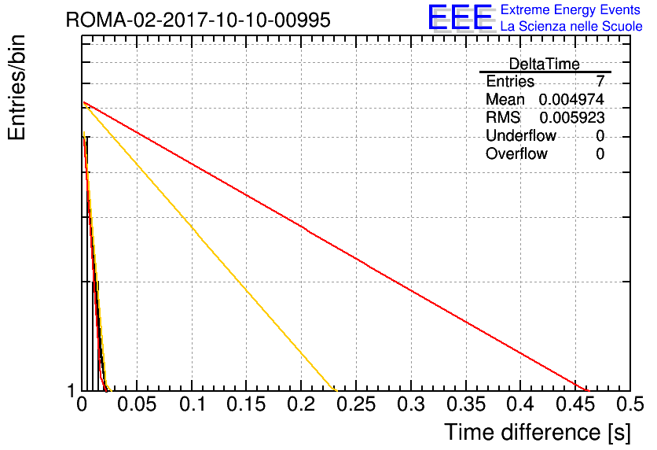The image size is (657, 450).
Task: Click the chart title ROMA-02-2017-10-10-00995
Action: tap(198, 20)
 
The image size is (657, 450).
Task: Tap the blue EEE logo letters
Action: tap(461, 17)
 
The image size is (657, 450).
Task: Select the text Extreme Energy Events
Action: tap(571, 9)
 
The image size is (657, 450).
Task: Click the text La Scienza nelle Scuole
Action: tap(571, 26)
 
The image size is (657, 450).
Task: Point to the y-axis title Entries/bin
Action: tap(17, 87)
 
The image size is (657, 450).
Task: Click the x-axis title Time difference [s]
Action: tap(538, 432)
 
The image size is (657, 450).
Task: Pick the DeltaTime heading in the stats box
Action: tap(545, 64)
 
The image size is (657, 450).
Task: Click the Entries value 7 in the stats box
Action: tap(600, 80)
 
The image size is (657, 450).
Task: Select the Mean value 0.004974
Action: tap(571, 99)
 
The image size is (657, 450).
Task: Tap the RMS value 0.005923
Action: tap(572, 118)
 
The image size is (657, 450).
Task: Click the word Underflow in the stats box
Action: tap(521, 135)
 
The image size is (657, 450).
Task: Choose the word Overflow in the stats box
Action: tap(516, 153)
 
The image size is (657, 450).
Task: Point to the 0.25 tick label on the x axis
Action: tap(356, 404)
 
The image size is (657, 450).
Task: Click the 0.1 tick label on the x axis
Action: tap(193, 404)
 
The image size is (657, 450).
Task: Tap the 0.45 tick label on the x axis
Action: tap(575, 404)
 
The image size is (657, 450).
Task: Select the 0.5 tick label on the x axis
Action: tap(630, 404)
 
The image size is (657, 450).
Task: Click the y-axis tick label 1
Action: tap(71, 391)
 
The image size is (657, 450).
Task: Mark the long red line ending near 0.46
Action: tap(336, 246)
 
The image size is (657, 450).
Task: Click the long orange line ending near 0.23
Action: tap(210, 246)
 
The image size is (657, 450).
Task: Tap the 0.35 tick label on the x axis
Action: tap(466, 404)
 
